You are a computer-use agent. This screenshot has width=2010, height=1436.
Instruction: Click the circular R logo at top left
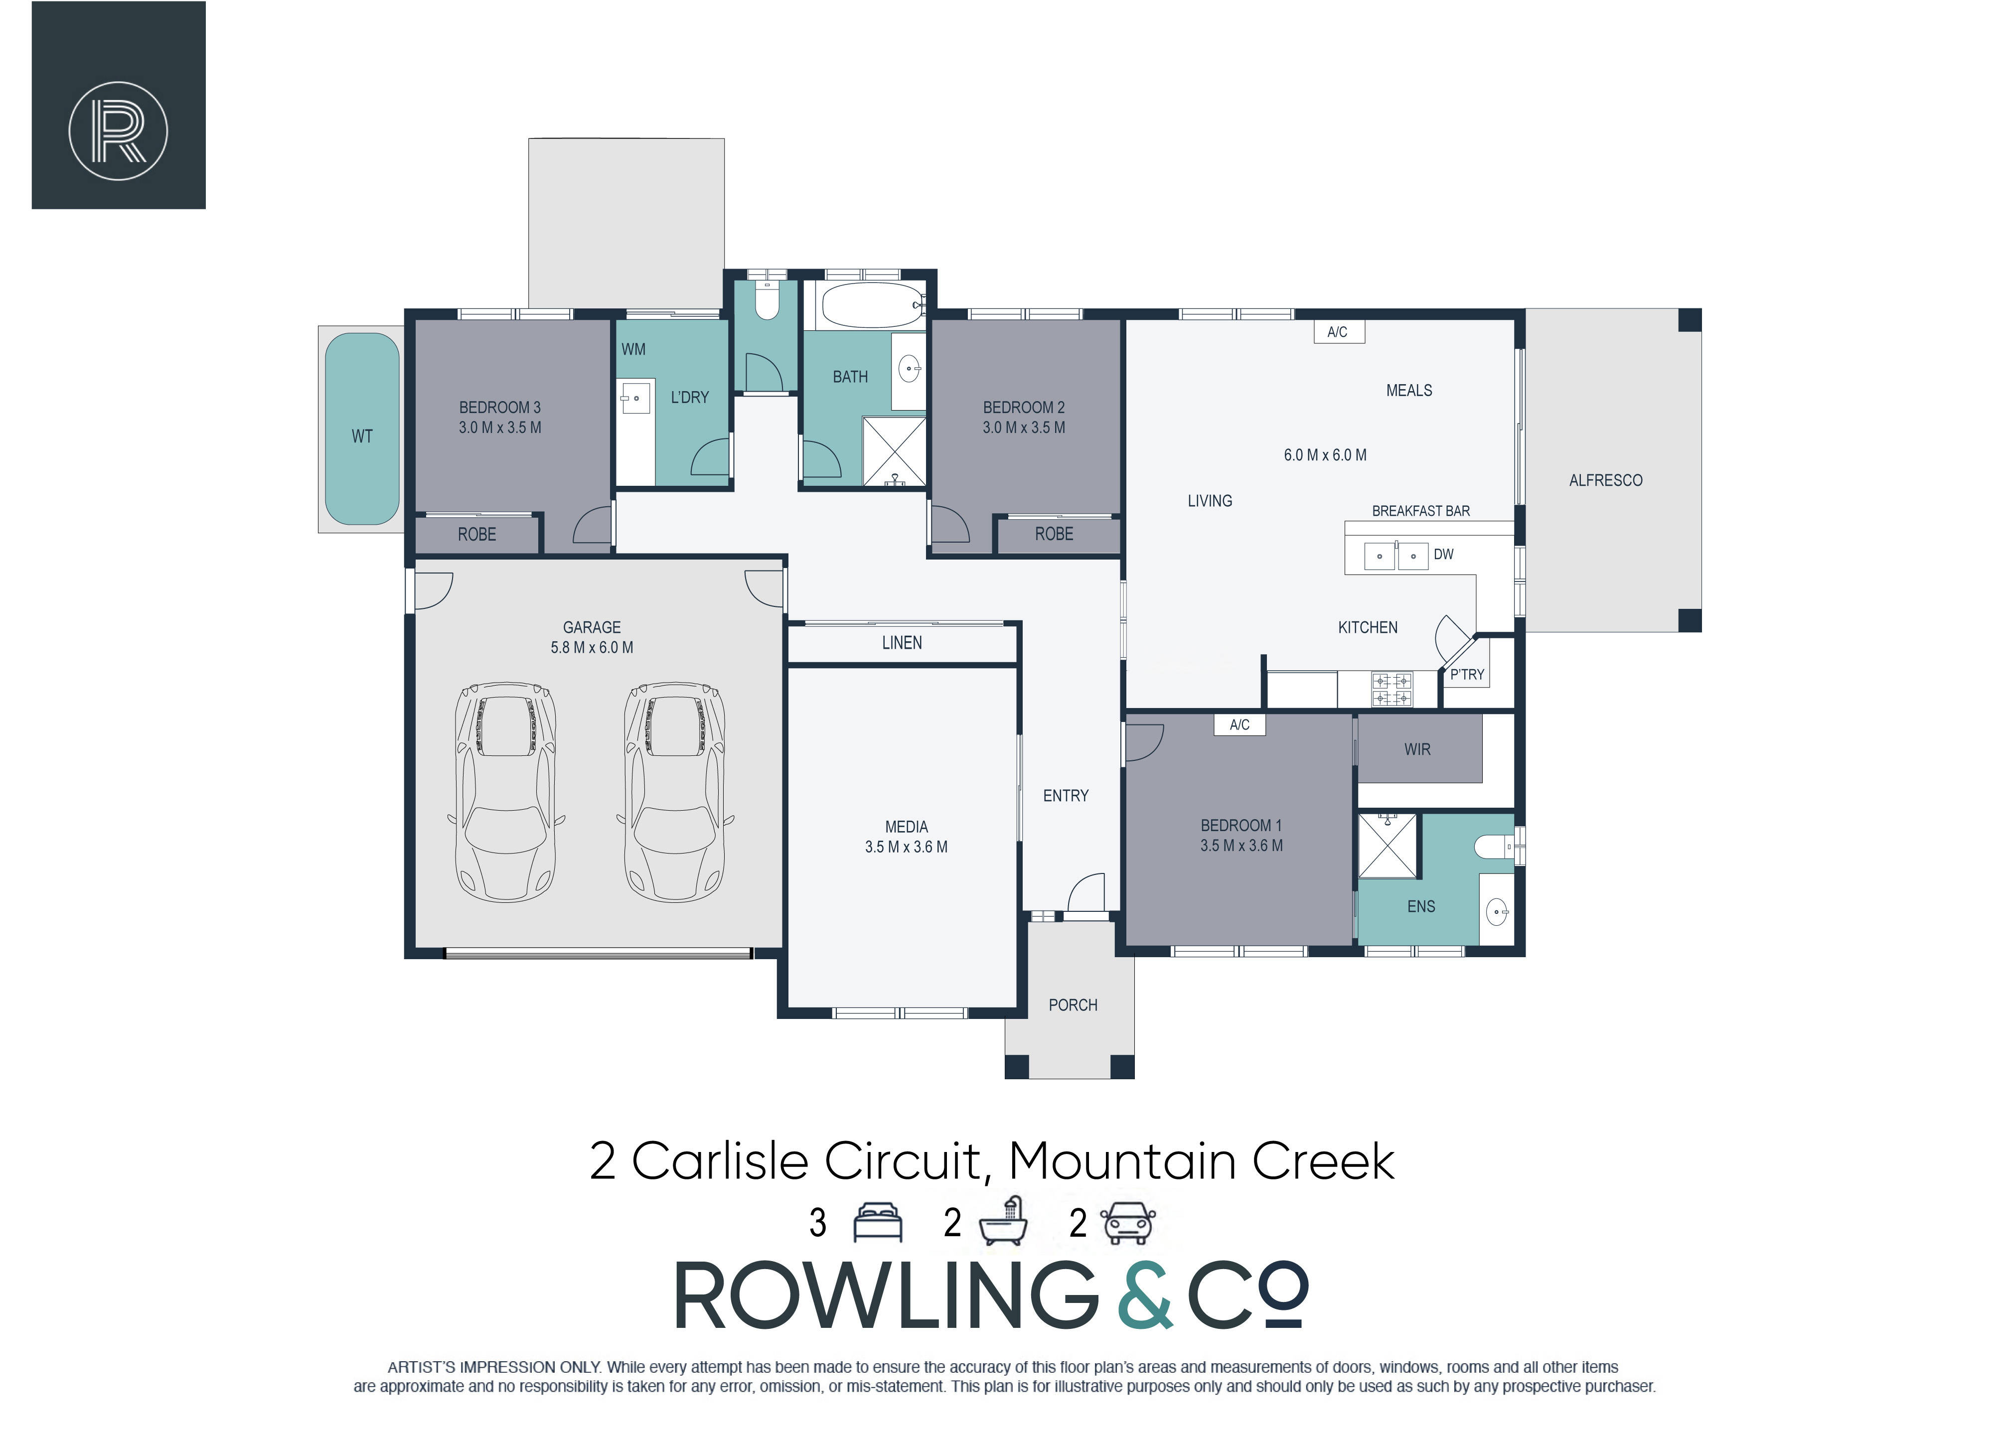tap(119, 131)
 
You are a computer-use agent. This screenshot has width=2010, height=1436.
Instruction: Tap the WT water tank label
tap(362, 436)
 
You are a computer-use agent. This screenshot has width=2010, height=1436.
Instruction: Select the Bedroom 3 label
tap(499, 408)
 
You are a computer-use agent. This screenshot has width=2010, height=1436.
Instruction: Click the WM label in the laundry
tap(633, 349)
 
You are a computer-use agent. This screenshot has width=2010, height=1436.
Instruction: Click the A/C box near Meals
tap(1338, 331)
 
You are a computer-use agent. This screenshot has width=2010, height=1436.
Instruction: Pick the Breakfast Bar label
tap(1421, 511)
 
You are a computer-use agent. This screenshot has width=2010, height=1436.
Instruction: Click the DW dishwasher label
tap(1443, 555)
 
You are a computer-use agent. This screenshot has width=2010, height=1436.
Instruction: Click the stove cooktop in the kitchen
tap(1392, 690)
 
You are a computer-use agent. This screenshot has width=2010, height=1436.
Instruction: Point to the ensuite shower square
tap(1388, 846)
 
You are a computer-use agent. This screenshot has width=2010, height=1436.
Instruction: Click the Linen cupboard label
tap(902, 643)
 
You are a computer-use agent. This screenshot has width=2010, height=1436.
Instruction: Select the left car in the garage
tap(505, 791)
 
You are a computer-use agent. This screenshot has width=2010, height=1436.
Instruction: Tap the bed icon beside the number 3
tap(877, 1223)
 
